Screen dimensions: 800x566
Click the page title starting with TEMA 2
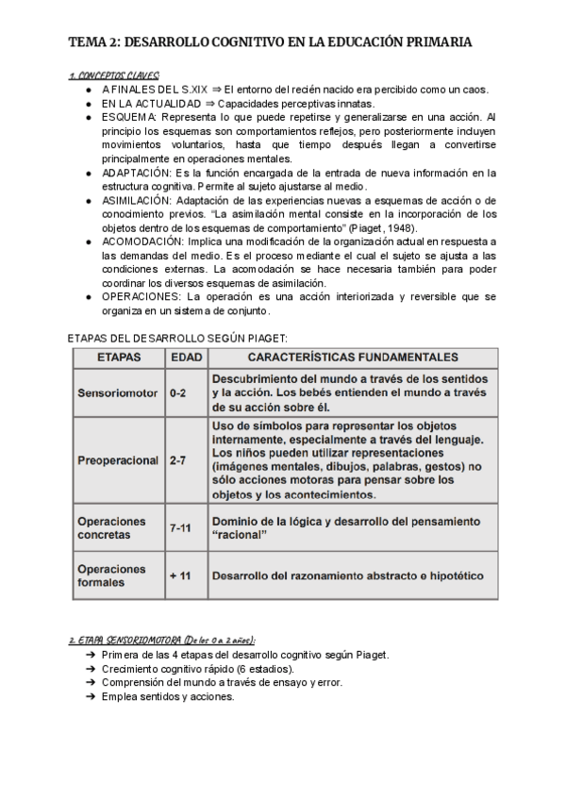(271, 42)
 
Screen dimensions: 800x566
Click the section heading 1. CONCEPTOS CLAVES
(114, 75)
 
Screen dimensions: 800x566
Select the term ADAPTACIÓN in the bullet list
(136, 173)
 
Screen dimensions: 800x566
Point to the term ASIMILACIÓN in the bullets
(137, 201)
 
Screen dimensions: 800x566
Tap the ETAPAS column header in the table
(119, 358)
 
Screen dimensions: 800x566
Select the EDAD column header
(182, 358)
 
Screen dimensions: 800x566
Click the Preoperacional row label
(118, 460)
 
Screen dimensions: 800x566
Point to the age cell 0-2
(178, 392)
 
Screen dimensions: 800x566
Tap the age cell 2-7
(178, 460)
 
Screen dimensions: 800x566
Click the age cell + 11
(180, 575)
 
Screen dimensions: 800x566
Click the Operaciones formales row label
(111, 575)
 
